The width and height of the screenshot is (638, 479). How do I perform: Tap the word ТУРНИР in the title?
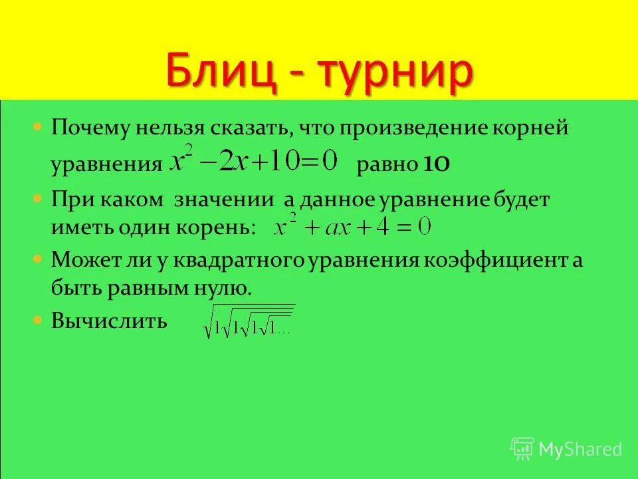coord(393,73)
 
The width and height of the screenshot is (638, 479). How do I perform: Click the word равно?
coord(386,165)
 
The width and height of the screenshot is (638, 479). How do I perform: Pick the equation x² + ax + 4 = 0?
coord(353,228)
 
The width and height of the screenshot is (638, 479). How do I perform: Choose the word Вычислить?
coord(110,321)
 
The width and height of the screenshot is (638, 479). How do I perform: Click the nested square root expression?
coord(249,321)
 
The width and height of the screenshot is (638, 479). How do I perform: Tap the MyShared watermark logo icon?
coord(522,449)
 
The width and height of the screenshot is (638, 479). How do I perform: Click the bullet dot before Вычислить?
coord(39,319)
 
